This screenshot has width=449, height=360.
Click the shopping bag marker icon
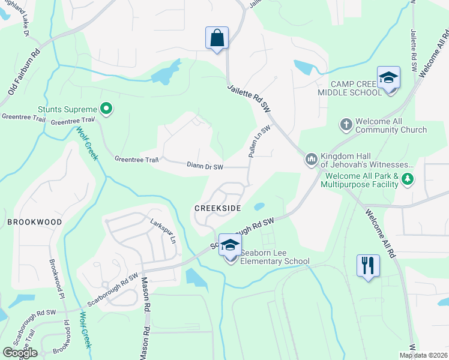tap(217, 38)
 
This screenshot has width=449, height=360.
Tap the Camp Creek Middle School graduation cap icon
tap(389, 78)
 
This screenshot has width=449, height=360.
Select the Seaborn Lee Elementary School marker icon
tap(229, 245)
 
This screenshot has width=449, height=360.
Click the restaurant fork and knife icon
tap(368, 265)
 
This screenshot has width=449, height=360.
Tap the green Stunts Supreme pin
tap(106, 109)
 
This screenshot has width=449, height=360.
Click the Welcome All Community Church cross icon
tap(346, 125)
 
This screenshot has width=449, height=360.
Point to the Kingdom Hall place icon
tap(311, 159)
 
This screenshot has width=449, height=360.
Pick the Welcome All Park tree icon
tap(408, 179)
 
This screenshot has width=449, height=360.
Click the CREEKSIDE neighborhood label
tap(217, 207)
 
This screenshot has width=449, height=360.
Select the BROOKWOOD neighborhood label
tap(35, 222)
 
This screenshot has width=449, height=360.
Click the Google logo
tap(20, 353)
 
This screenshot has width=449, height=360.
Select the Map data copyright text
tap(423, 355)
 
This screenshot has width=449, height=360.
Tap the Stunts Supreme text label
tap(67, 109)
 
